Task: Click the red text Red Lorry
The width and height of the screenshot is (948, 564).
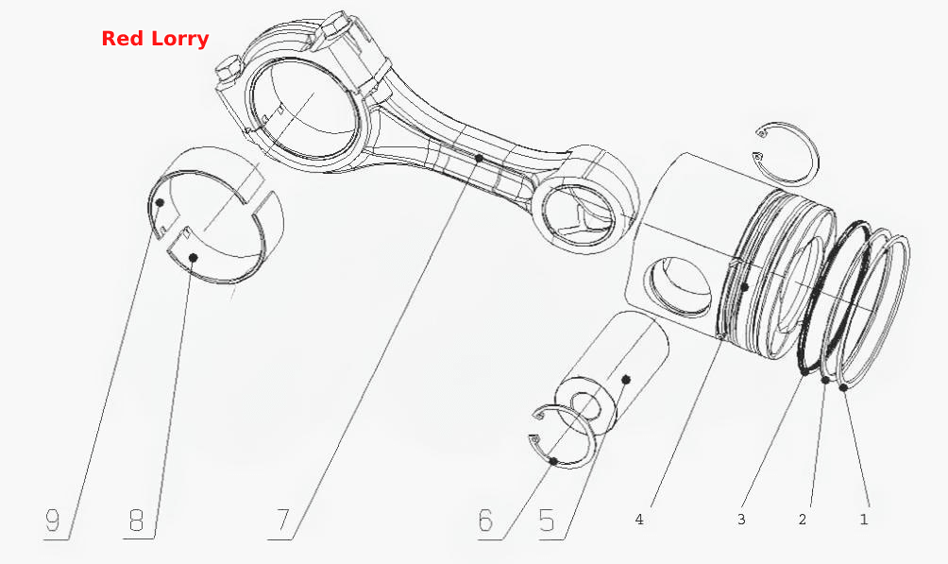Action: [155, 39]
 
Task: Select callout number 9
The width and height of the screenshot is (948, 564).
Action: [53, 520]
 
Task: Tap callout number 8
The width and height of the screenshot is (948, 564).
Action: [137, 520]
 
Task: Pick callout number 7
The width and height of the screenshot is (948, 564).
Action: [283, 520]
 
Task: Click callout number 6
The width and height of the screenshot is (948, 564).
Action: [485, 520]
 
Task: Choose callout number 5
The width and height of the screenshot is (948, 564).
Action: [547, 520]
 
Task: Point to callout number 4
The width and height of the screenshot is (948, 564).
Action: [639, 520]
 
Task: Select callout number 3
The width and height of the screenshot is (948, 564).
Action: [741, 520]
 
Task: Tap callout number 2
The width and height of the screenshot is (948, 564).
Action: [803, 520]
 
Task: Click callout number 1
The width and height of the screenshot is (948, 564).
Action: [864, 520]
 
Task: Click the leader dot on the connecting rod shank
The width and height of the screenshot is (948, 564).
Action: [479, 158]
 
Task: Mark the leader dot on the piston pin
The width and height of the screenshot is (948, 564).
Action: [626, 380]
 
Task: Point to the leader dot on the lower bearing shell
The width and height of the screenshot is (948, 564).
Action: [194, 258]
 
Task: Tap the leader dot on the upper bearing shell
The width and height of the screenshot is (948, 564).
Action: [160, 203]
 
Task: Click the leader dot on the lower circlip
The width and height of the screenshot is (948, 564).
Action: [554, 461]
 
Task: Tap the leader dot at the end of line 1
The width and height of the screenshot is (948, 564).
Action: [843, 386]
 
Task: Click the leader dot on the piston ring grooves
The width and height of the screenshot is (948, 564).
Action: [745, 285]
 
